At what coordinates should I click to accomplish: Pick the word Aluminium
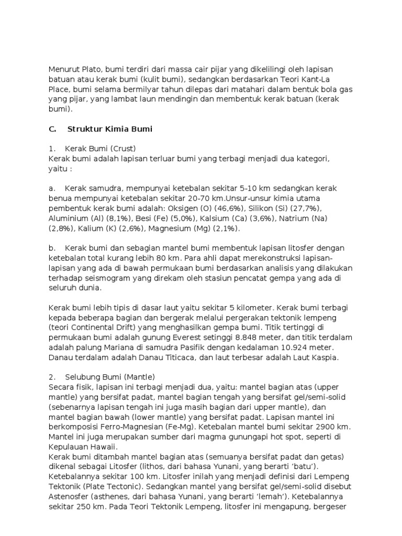tap(69, 218)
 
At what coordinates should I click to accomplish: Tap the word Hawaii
tap(103, 447)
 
